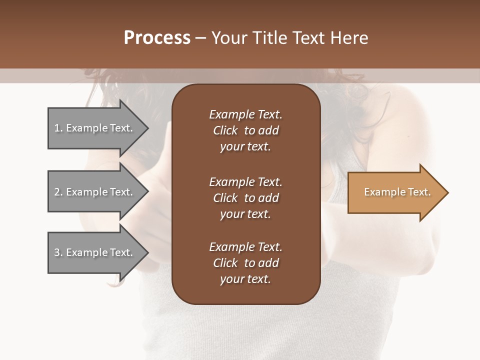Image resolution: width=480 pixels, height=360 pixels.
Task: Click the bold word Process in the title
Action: [157, 38]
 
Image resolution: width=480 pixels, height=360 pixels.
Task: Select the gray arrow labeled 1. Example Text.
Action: [95, 128]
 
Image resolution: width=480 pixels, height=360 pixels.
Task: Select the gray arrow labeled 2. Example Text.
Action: [95, 192]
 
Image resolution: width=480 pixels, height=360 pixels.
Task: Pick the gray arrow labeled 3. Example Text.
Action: [95, 252]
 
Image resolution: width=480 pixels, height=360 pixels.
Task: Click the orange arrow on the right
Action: [395, 192]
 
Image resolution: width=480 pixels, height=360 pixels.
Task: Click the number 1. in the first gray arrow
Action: [58, 128]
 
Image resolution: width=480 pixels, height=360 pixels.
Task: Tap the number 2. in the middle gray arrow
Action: [58, 192]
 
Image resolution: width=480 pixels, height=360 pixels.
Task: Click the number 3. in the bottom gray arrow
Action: [58, 252]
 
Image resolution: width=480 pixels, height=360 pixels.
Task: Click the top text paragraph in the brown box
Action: [245, 130]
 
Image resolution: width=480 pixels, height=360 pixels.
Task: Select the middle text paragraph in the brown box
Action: [245, 198]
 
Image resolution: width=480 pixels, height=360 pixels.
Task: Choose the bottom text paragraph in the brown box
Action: [245, 263]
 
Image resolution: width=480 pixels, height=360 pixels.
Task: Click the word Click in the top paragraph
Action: [225, 130]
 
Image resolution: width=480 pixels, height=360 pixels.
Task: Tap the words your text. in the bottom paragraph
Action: [245, 279]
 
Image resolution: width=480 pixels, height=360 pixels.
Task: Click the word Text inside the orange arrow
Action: [419, 192]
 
